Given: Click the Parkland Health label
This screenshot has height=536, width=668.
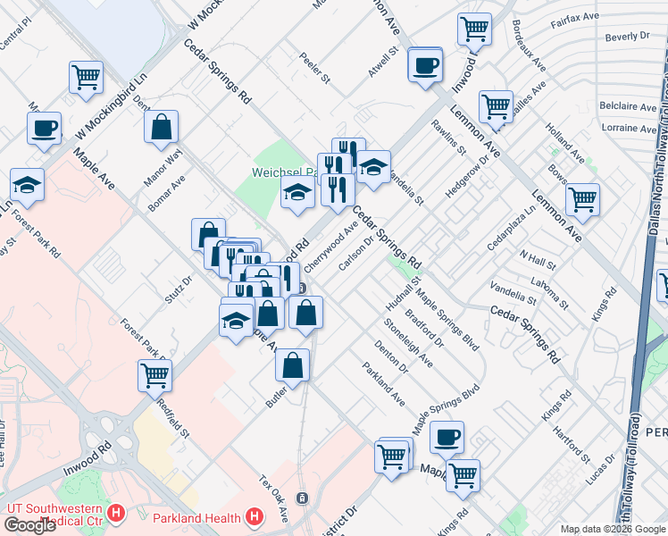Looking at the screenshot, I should [196, 517].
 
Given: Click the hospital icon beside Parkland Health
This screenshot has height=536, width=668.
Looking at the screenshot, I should [255, 516].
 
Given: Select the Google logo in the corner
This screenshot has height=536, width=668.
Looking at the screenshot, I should [29, 525].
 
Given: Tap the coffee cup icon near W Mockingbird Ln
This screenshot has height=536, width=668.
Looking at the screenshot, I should [44, 129].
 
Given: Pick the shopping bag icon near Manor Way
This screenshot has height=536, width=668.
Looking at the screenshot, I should [161, 128].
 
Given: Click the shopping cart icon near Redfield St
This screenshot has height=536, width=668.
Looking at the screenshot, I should [154, 374].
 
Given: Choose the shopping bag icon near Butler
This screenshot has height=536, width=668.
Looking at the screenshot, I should [292, 364].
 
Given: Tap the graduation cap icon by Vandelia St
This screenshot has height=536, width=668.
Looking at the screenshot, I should [372, 167].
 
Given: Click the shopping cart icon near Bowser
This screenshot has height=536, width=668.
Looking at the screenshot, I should [582, 199].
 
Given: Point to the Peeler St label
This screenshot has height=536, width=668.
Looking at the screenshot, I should [315, 71].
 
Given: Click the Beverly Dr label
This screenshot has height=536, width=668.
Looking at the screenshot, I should [626, 37].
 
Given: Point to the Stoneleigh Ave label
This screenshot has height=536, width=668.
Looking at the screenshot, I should [407, 343].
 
